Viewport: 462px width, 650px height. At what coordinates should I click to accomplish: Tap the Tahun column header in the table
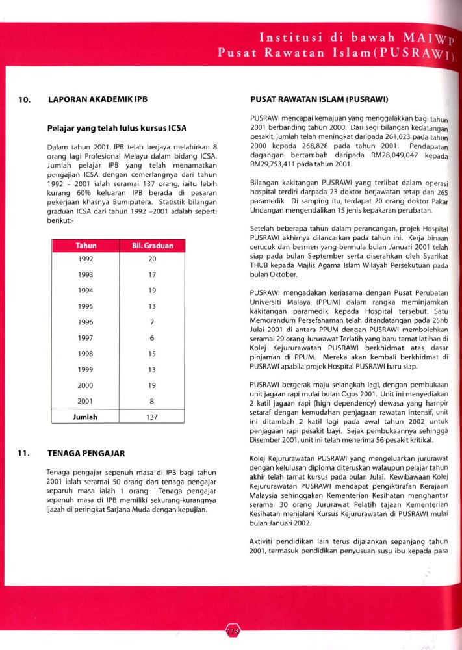coord(86,246)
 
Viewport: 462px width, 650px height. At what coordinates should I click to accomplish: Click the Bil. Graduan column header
coord(153,246)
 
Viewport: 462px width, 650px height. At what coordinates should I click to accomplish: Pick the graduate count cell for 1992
coord(152,259)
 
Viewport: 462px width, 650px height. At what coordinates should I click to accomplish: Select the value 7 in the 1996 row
coord(152,322)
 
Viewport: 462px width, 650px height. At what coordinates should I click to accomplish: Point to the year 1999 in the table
coord(86,370)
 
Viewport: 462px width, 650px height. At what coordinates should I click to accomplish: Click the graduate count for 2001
coord(152,402)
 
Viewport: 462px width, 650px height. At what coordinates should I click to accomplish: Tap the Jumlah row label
coord(85,418)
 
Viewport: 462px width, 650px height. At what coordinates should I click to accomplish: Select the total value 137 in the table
coord(152,418)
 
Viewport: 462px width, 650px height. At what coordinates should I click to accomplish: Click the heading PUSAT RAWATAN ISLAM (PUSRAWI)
coord(319,101)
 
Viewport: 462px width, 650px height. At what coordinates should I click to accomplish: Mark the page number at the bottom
coord(231,630)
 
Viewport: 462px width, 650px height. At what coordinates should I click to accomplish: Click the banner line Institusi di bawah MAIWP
coord(357,38)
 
